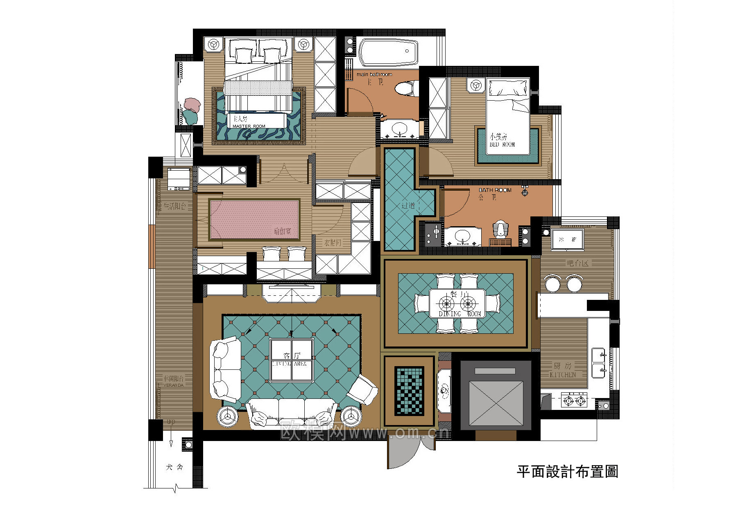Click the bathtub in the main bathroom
click(x=388, y=52)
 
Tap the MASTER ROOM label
click(x=249, y=126)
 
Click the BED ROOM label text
click(x=502, y=144)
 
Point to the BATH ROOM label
click(x=495, y=190)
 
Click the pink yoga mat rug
click(x=254, y=220)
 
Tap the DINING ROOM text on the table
click(x=460, y=314)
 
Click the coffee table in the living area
click(x=292, y=360)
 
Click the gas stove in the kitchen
click(x=574, y=400)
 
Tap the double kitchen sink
click(x=598, y=363)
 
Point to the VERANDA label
click(x=174, y=385)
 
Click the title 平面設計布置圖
click(x=567, y=472)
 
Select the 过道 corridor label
click(x=408, y=206)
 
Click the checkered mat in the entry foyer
click(x=409, y=391)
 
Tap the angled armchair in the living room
click(x=362, y=390)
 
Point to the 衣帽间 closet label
click(x=333, y=243)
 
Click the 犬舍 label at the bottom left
click(x=174, y=467)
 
